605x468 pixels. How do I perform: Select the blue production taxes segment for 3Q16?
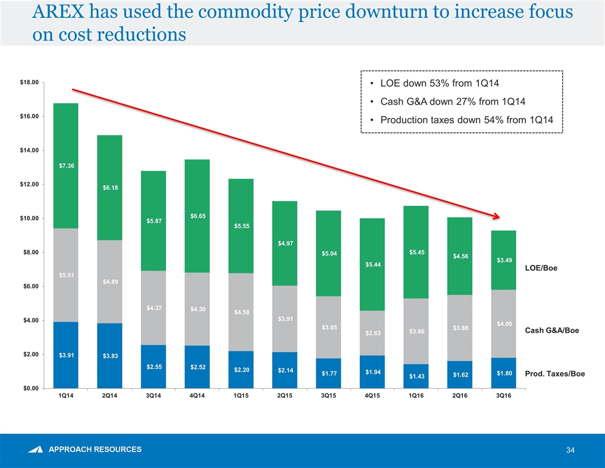click(x=504, y=373)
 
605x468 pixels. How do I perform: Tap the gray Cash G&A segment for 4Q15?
click(x=372, y=333)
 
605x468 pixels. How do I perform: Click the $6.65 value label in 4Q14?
click(x=197, y=216)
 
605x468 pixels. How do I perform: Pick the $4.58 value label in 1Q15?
click(x=241, y=312)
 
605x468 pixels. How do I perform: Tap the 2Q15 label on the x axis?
click(x=285, y=399)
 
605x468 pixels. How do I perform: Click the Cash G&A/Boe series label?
click(x=548, y=330)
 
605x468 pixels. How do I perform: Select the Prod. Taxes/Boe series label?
click(x=551, y=374)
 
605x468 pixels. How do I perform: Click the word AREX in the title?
click(x=55, y=13)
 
